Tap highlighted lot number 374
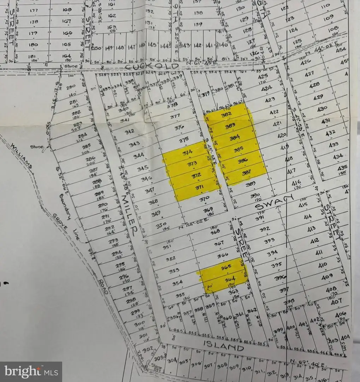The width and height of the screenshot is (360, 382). click(187, 152)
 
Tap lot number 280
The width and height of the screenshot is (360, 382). click(71, 87)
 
